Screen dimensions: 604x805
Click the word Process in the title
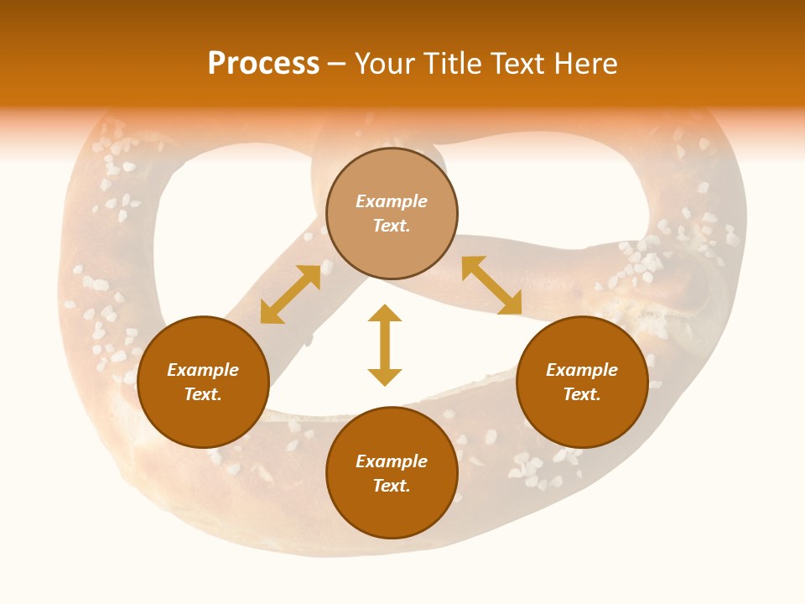[263, 64]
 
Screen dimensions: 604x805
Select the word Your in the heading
[385, 64]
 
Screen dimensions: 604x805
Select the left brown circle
[203, 419]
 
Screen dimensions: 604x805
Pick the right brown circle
[582, 419]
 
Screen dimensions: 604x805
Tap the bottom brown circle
[392, 512]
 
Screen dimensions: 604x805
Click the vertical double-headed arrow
[385, 345]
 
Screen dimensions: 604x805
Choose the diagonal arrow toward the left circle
[290, 294]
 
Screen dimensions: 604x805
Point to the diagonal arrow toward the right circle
[491, 286]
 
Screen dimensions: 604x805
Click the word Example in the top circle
[392, 201]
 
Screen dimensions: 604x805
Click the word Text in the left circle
[203, 394]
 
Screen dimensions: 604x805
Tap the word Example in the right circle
[582, 370]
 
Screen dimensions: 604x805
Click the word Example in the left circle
[203, 370]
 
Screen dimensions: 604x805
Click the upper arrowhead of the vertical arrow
[385, 313]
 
